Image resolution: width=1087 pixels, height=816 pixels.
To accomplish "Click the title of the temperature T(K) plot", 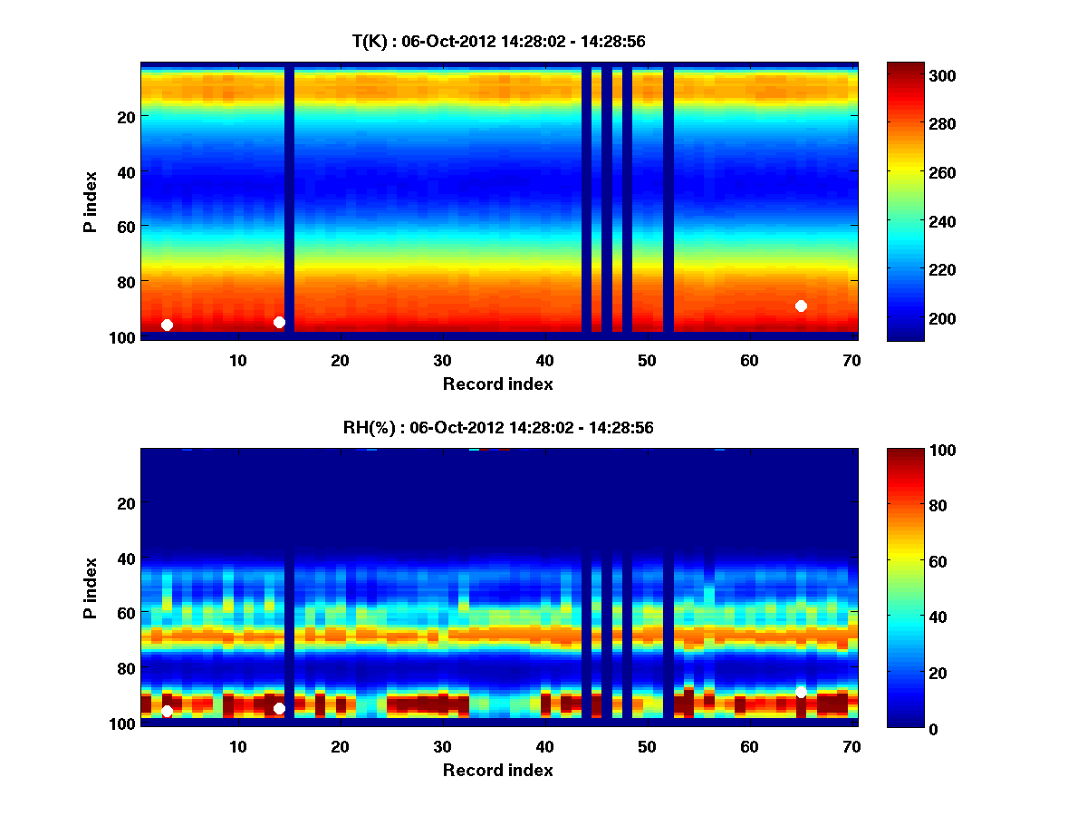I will tap(498, 41).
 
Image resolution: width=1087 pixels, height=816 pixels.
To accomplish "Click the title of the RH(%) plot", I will tap(497, 428).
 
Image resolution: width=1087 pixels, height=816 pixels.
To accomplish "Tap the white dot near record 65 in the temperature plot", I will tap(801, 306).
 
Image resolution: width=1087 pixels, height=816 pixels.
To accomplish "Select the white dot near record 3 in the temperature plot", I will tap(167, 325).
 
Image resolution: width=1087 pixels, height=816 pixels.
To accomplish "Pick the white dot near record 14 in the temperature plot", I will tap(279, 322).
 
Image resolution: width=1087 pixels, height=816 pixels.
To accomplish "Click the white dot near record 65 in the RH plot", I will tap(801, 693).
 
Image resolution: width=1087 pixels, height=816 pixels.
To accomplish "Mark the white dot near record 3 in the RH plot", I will tap(167, 712).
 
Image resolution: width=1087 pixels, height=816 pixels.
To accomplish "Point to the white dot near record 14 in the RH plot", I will tap(279, 708).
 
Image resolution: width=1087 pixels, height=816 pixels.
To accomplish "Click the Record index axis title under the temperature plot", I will tap(497, 384).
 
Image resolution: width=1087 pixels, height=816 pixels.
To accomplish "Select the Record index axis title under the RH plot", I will tap(497, 770).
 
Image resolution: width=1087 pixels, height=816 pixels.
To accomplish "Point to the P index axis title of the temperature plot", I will tap(91, 201).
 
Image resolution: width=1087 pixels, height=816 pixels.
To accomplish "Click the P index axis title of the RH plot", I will tap(91, 588).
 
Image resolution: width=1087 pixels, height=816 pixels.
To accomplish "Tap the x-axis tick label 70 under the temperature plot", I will tap(851, 359).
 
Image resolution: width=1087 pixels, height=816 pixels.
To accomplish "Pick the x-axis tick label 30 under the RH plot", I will tap(442, 746).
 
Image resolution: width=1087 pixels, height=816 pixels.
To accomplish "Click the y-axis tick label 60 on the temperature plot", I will tap(126, 226).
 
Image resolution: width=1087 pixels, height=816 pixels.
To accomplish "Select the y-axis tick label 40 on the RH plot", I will tap(126, 558).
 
